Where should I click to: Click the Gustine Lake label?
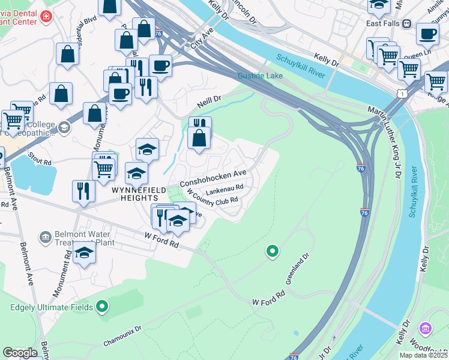point(259,76)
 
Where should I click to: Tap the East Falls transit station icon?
point(407,23)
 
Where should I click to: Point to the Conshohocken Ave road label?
point(214,177)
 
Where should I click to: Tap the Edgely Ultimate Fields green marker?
point(102,307)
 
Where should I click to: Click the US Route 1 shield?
point(400,93)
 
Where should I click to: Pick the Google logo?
point(20,353)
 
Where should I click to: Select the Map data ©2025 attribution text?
point(423,355)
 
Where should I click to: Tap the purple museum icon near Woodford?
point(426,328)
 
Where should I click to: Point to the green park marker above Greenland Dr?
point(272,251)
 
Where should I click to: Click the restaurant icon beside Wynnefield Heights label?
point(83,190)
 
